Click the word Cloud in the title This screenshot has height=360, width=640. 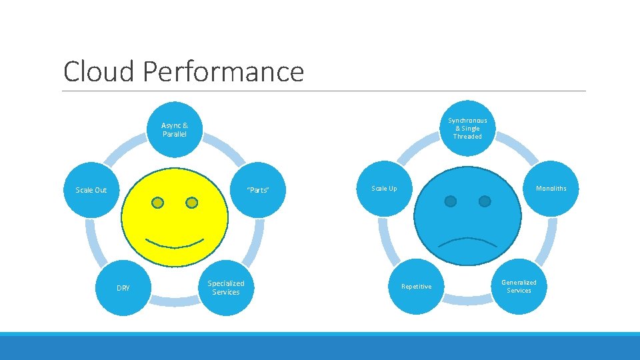99,71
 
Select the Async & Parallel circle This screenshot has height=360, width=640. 175,129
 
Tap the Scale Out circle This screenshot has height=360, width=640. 91,190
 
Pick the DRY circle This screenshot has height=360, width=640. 123,288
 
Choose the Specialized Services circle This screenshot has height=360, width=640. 226,287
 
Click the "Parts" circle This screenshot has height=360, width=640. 257,190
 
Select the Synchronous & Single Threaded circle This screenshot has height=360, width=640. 467,128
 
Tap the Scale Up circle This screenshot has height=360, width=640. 385,189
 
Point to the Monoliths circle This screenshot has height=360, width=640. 551,189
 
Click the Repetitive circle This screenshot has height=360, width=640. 416,287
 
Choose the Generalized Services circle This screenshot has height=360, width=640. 519,286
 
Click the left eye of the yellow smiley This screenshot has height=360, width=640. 158,202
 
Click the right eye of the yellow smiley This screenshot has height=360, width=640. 192,202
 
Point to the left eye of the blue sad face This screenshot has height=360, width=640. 451,201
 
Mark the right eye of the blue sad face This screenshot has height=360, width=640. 485,201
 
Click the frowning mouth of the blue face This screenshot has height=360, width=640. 467,241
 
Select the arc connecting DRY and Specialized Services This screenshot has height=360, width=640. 175,303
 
